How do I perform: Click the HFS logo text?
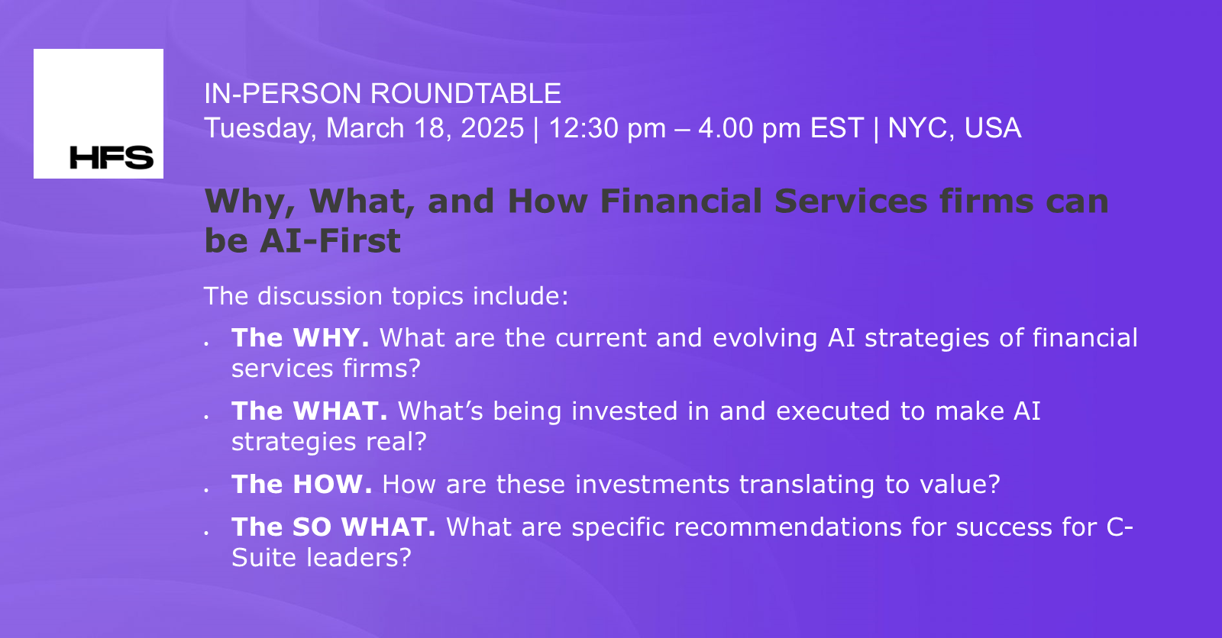point(112,157)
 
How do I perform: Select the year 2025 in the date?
point(492,128)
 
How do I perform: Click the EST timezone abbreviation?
point(836,128)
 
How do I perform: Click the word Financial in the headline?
point(681,201)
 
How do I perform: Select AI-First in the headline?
point(330,241)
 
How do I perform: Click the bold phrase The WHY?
point(300,338)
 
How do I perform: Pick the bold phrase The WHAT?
point(309,411)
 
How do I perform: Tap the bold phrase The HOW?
point(302,485)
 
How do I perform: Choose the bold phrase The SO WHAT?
point(334,527)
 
